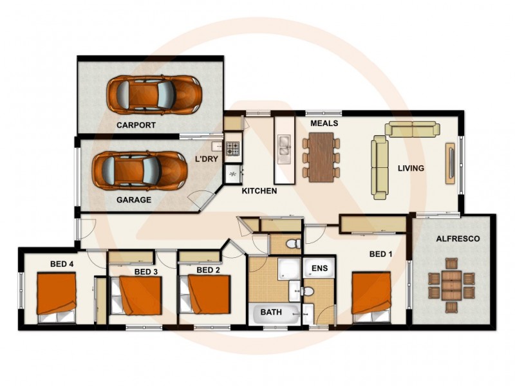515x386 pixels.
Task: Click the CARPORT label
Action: click(x=136, y=125)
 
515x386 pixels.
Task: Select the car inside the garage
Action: click(x=140, y=170)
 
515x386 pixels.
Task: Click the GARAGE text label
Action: click(x=134, y=200)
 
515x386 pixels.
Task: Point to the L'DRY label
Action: click(x=207, y=158)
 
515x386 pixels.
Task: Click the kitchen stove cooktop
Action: click(x=232, y=149)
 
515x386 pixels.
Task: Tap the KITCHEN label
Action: click(x=259, y=191)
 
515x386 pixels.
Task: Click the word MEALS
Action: click(x=324, y=123)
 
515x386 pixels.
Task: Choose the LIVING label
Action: click(x=411, y=169)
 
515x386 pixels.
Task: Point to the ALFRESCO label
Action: click(x=458, y=239)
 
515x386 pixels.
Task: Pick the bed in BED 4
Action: click(x=57, y=297)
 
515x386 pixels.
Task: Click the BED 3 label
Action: click(x=146, y=271)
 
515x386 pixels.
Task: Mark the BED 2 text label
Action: click(x=209, y=270)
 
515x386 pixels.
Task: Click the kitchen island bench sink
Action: click(x=283, y=150)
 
